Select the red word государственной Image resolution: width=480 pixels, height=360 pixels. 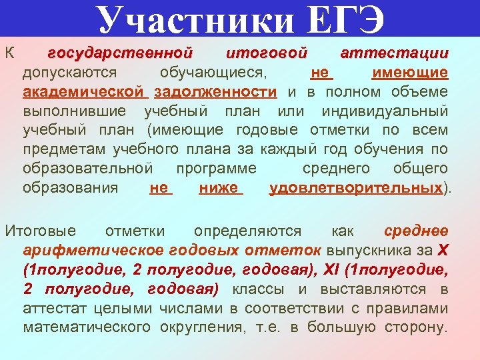point(121,53)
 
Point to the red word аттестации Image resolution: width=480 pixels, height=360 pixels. point(394,53)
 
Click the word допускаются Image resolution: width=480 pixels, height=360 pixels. point(69,72)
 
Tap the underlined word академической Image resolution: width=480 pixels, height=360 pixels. point(83,91)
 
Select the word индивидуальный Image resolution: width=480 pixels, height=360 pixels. point(385,111)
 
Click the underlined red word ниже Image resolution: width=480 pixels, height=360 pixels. point(220,188)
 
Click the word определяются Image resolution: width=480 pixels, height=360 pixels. point(247,231)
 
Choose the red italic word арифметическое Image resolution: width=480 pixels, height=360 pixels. point(93,251)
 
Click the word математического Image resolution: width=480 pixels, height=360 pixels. point(88,328)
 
